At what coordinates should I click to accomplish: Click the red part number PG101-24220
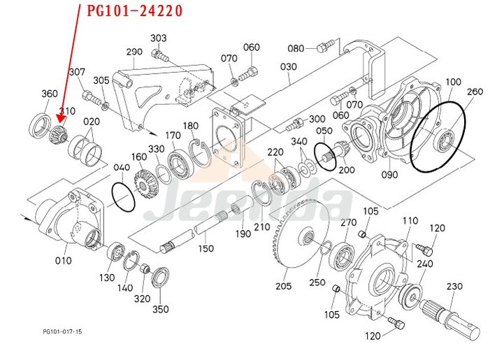click(x=135, y=11)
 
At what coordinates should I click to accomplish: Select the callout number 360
click(x=49, y=94)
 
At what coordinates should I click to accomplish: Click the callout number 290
click(x=134, y=52)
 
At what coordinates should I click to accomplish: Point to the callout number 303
click(x=159, y=38)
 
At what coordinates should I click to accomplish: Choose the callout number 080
click(x=296, y=48)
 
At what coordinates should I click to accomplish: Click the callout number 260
click(x=475, y=92)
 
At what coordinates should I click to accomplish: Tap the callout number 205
click(x=283, y=285)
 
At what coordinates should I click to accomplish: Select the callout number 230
click(x=454, y=287)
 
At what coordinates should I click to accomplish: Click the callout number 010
click(x=63, y=261)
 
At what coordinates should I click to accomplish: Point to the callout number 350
click(x=160, y=309)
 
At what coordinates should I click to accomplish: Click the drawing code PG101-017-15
click(x=62, y=332)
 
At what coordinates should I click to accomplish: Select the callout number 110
click(x=410, y=222)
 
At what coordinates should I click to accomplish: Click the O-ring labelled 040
click(x=123, y=193)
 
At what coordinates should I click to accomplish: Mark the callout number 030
click(x=288, y=67)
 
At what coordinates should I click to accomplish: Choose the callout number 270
click(x=348, y=222)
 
